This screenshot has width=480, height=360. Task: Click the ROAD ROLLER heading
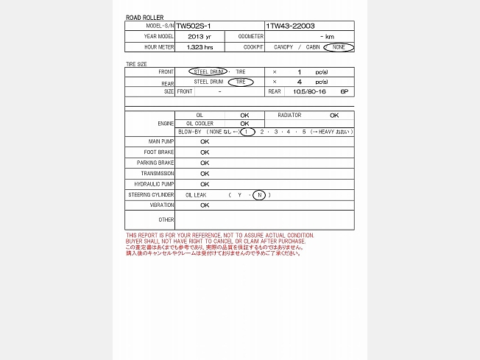144,17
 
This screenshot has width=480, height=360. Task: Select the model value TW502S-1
193,26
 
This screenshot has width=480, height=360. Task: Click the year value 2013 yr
199,36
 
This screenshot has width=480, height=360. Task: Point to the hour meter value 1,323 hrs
199,47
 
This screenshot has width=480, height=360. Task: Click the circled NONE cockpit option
338,47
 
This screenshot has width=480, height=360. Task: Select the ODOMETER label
250,36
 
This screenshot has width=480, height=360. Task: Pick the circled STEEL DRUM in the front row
209,71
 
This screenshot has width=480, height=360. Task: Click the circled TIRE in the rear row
240,82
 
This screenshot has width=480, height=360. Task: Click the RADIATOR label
289,115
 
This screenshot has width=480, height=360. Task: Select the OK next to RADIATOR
334,115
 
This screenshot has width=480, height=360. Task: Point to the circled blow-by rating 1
247,132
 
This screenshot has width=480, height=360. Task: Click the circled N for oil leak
259,195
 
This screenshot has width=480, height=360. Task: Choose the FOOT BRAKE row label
161,152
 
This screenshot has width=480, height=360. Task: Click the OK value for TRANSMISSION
205,174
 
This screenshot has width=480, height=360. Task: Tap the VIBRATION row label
162,205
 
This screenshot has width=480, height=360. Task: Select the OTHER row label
166,219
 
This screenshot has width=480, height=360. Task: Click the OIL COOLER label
200,124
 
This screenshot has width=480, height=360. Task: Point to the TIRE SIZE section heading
136,64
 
